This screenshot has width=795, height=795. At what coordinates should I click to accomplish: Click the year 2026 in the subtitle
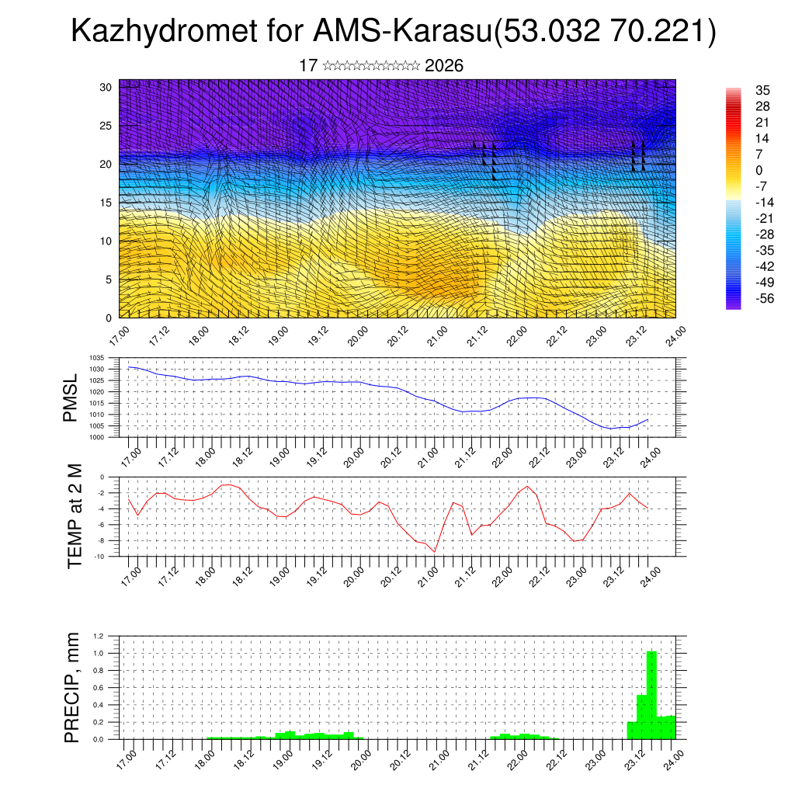click(x=444, y=66)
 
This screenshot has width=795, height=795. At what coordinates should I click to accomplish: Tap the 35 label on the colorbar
click(x=762, y=91)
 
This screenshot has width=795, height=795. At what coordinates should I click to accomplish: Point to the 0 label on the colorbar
click(x=759, y=171)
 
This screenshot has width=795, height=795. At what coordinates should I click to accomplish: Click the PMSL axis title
click(x=71, y=397)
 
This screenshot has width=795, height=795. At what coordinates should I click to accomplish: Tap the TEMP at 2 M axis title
click(x=75, y=516)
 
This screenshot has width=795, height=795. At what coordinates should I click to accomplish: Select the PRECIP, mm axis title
click(x=72, y=687)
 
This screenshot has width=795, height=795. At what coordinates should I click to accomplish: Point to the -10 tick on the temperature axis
click(x=100, y=557)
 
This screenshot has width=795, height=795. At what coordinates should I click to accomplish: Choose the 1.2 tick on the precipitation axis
click(x=99, y=636)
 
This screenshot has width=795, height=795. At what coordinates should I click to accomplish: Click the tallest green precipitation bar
click(x=651, y=695)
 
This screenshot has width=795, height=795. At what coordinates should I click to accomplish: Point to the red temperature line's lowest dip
click(x=435, y=551)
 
